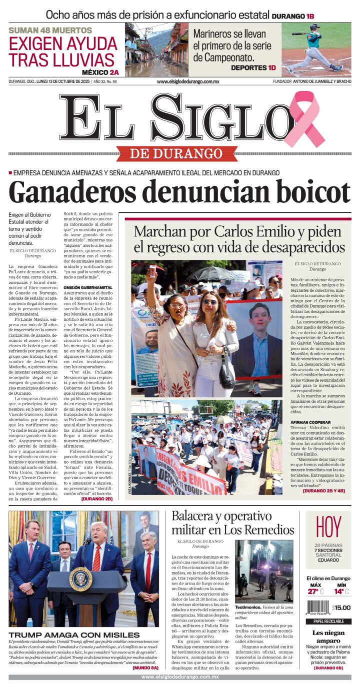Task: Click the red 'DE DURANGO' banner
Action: pos(176,153)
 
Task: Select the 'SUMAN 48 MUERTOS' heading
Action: pos(50,30)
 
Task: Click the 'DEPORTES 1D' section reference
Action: pos(253,67)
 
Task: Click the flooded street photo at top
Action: pos(156,50)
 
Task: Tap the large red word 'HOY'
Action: pos(328,527)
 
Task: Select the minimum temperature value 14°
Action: pos(340,592)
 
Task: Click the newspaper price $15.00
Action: pos(341,608)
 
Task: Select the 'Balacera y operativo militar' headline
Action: pos(232,523)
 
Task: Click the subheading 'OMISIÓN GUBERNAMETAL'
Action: pos(88,288)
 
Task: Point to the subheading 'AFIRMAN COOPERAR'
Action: pos(310,422)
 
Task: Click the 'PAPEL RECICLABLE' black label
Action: pos(328,622)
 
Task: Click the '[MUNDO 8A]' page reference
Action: pos(145,667)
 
